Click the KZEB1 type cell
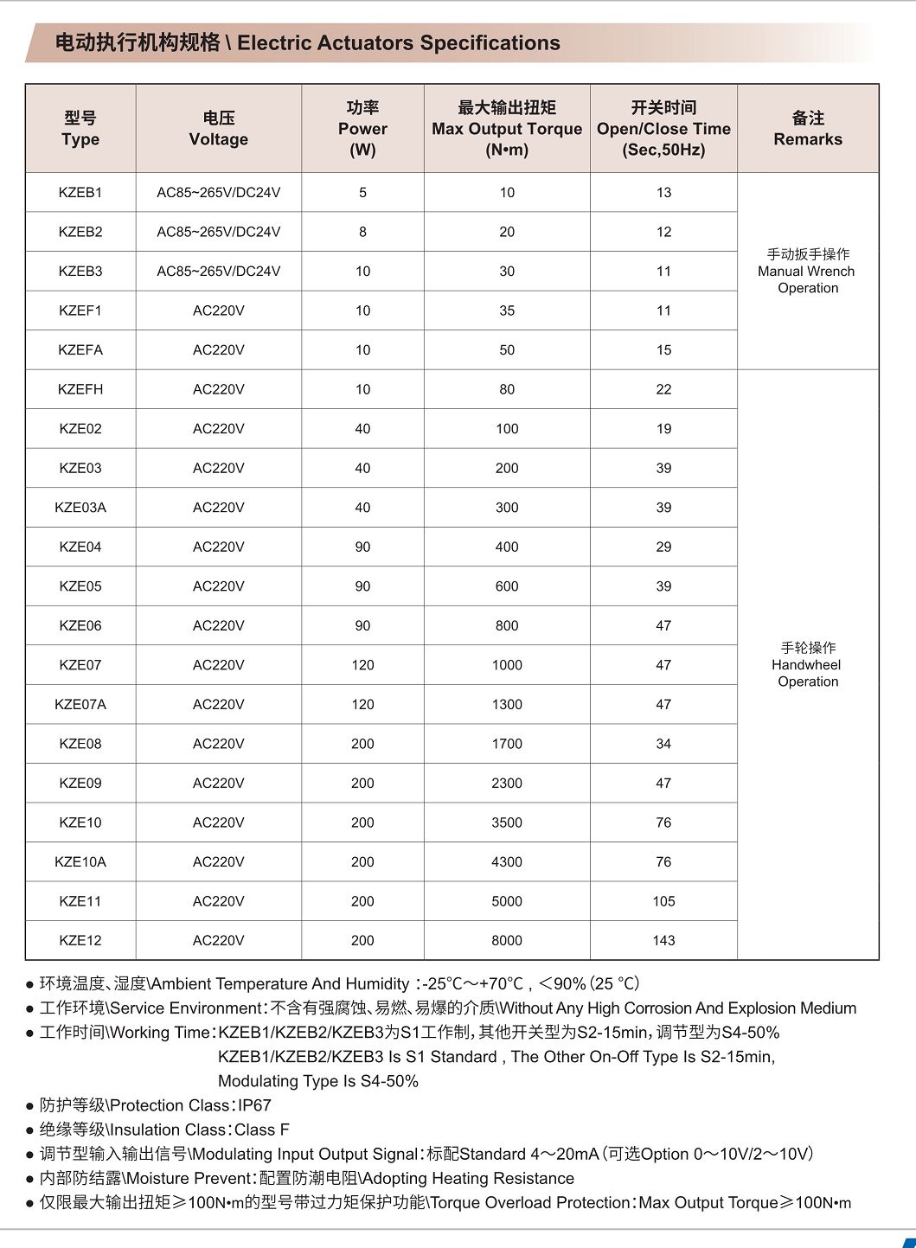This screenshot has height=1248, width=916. click(x=80, y=192)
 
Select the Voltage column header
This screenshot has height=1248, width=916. click(x=219, y=128)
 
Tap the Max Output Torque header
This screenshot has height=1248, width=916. click(x=507, y=128)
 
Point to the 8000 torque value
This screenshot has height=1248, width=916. click(x=507, y=940)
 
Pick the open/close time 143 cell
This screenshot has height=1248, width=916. click(x=663, y=940)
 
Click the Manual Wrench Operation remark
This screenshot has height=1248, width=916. click(x=808, y=271)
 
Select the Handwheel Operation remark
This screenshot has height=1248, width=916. click(x=808, y=664)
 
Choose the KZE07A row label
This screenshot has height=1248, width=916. click(x=80, y=704)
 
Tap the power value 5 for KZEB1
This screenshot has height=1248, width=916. click(x=362, y=192)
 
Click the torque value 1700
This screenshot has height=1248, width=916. click(x=507, y=744)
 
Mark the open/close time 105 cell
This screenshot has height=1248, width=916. click(x=663, y=901)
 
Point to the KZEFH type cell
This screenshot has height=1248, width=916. click(x=80, y=389)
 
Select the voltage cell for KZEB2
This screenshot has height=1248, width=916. click(x=219, y=232)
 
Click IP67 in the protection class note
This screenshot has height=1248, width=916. click(x=254, y=1105)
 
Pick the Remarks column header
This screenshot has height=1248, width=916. click(x=808, y=128)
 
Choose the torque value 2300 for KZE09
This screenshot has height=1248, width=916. click(x=507, y=783)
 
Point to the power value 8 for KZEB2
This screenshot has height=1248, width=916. click(x=362, y=232)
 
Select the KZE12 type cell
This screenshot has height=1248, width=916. click(x=80, y=940)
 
